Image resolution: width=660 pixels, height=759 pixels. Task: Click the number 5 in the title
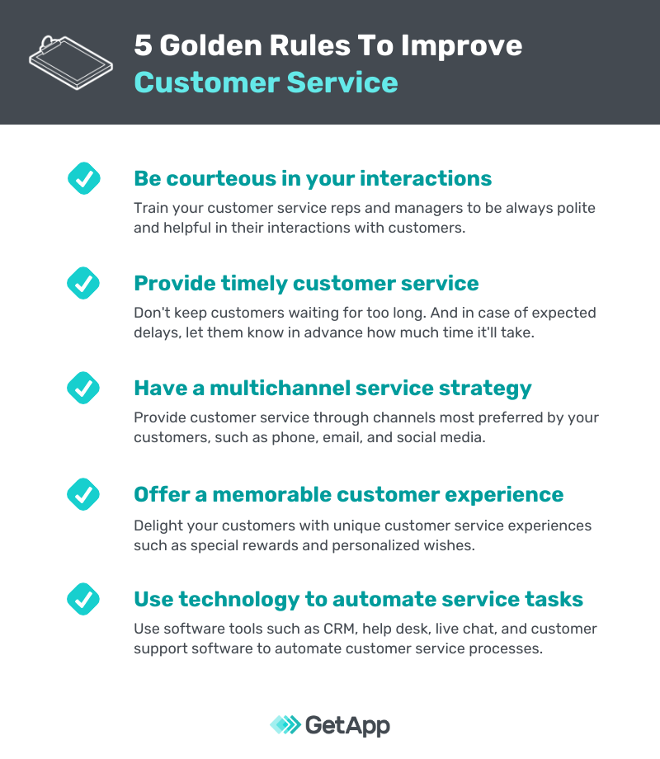coord(144,45)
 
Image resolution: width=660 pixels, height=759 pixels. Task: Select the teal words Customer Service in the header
coord(266,82)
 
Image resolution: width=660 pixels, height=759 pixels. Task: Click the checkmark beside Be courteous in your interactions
coord(82,178)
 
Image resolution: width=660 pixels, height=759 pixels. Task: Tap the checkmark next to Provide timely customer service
coord(82,283)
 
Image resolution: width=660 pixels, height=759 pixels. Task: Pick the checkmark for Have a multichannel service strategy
coord(82,388)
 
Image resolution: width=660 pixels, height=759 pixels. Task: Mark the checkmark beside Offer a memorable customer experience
coord(82,494)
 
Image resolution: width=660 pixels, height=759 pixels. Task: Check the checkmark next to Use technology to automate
coord(82,599)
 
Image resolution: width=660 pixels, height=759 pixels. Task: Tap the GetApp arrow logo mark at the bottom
coord(285,725)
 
